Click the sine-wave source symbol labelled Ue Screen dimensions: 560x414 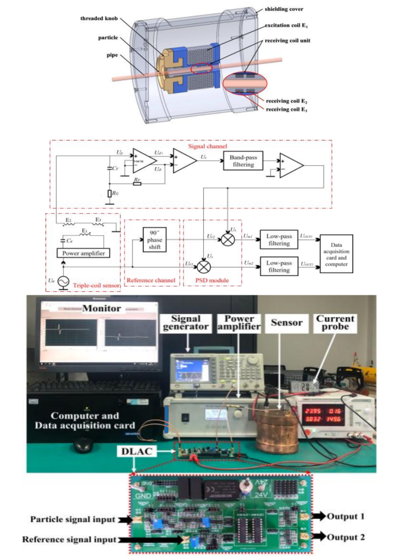point(62,281)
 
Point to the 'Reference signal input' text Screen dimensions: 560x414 point(69,540)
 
